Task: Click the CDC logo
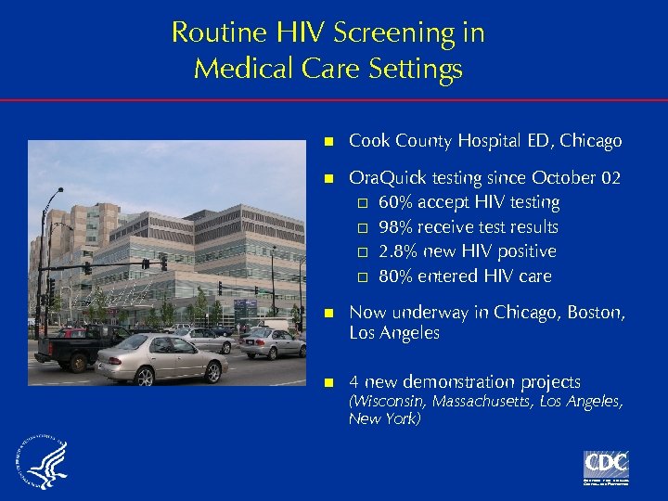pyautogui.click(x=606, y=464)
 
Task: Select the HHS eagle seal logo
pyautogui.click(x=41, y=462)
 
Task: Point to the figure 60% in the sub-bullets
pyautogui.click(x=395, y=202)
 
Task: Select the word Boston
pyautogui.click(x=594, y=313)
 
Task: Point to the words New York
pyautogui.click(x=384, y=419)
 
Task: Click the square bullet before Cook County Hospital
pyautogui.click(x=328, y=142)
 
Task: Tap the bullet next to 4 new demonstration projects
pyautogui.click(x=328, y=382)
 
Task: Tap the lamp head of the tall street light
pyautogui.click(x=59, y=190)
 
